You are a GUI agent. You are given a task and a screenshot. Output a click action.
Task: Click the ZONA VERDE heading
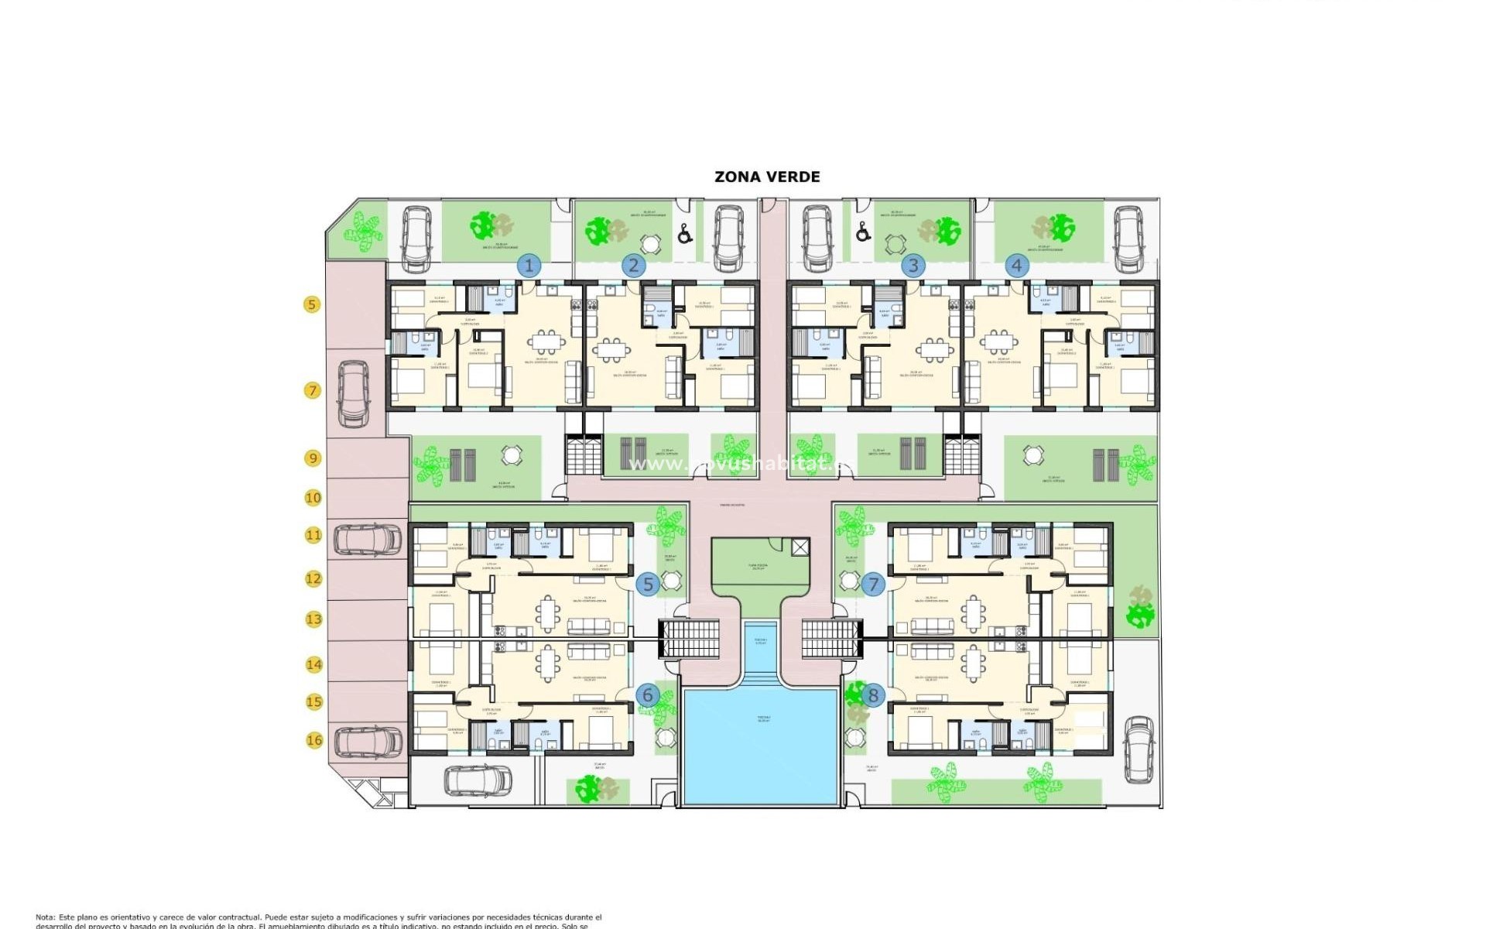(x=767, y=177)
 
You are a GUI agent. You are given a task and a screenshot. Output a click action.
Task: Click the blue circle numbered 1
(x=529, y=266)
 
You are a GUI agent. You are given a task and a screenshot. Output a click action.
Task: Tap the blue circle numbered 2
(x=633, y=266)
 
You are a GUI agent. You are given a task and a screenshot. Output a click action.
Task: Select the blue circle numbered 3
(x=913, y=266)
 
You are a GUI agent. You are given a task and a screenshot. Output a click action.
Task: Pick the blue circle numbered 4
(x=1017, y=266)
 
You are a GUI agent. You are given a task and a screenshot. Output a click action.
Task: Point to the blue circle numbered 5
(x=648, y=584)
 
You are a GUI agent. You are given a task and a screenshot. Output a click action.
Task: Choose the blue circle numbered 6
(x=648, y=695)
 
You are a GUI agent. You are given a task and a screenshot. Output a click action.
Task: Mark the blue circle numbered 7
(x=873, y=584)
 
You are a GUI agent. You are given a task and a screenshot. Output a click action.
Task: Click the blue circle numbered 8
(x=873, y=695)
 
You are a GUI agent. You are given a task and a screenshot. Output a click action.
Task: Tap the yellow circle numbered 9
(x=313, y=458)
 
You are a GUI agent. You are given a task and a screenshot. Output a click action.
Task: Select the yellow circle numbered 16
(x=313, y=740)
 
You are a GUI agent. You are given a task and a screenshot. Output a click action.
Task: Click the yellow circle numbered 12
(x=313, y=578)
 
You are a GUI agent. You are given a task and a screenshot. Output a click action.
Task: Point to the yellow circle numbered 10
(x=313, y=498)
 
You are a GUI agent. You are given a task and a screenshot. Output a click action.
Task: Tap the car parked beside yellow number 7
(x=353, y=394)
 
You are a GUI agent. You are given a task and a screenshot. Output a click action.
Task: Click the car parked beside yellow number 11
(x=368, y=540)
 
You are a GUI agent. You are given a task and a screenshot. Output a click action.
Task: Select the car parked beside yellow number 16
(x=368, y=741)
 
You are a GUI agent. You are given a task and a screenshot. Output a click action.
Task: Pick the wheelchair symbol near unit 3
(x=863, y=231)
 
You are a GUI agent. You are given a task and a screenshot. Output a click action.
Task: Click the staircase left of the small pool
(x=689, y=639)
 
